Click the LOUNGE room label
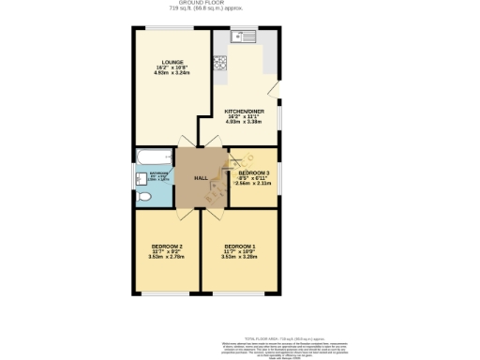pos(171,62)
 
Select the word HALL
pos(201,178)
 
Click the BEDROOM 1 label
pos(240,246)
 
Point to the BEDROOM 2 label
pos(167,246)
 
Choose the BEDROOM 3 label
pos(253,173)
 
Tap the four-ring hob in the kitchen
pos(220,64)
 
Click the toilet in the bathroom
pos(144,198)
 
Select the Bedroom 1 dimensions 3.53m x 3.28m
pos(240,257)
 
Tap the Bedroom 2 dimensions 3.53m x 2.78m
pos(167,257)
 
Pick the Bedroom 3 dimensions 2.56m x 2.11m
pos(253,185)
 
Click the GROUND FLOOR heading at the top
pos(240,3)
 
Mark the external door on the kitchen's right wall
pos(275,90)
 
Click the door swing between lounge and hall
pos(186,144)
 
